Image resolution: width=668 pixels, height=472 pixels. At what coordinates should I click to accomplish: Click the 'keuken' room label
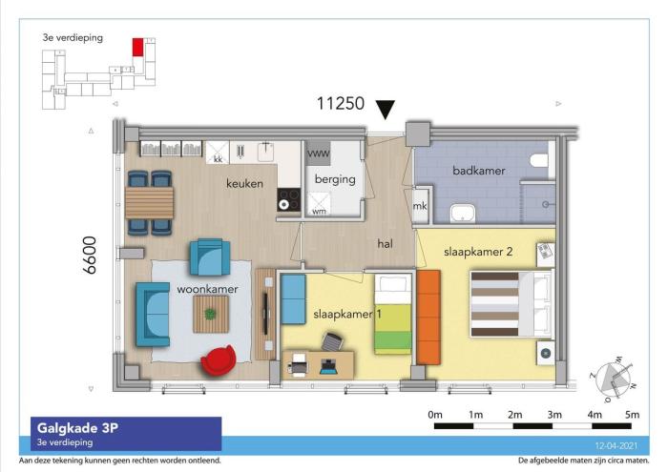tap(244, 183)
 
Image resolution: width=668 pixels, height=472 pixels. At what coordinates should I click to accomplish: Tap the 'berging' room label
tap(336, 178)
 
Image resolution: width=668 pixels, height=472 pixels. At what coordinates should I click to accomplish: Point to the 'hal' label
tap(385, 244)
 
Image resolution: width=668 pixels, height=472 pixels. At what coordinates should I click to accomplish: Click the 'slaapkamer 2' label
tap(479, 253)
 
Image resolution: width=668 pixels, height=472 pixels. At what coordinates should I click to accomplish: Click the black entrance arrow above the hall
tap(386, 109)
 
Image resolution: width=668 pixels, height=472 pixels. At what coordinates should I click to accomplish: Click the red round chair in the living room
tap(219, 360)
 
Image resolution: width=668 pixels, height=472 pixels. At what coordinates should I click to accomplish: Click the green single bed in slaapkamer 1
tap(391, 315)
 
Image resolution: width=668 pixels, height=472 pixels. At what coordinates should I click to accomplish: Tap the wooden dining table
tap(150, 202)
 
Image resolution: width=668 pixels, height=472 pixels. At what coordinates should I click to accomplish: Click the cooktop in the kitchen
tap(288, 200)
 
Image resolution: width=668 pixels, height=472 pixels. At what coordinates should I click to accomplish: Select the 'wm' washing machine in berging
tap(319, 200)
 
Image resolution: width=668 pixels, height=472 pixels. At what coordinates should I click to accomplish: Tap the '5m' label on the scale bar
tap(632, 415)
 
